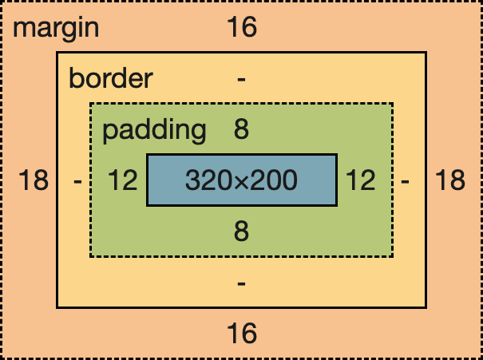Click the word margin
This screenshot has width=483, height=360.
[x=56, y=29]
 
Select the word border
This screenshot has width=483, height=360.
[x=110, y=79]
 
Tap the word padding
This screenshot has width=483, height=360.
[x=154, y=129]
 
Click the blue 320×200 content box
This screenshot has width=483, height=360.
[x=241, y=180]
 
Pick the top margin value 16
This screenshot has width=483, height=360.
[x=241, y=29]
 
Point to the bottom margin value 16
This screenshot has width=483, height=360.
[x=241, y=332]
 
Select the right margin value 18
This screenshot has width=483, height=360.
[x=449, y=181]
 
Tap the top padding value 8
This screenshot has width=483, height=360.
[x=241, y=129]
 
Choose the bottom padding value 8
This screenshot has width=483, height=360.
[x=241, y=231]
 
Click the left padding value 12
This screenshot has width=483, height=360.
[x=124, y=181]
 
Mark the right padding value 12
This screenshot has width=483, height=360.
[x=360, y=181]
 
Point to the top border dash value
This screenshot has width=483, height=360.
[x=241, y=79]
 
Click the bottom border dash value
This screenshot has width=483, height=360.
[x=241, y=283]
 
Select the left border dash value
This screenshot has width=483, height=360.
[x=77, y=181]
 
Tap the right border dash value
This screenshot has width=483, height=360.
[x=406, y=181]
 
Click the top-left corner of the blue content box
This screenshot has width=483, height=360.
[x=148, y=155]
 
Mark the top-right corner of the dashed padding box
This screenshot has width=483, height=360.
[x=393, y=104]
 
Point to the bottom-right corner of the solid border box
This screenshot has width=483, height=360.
[x=426, y=307]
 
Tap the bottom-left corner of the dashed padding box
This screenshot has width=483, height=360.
[x=90, y=256]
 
